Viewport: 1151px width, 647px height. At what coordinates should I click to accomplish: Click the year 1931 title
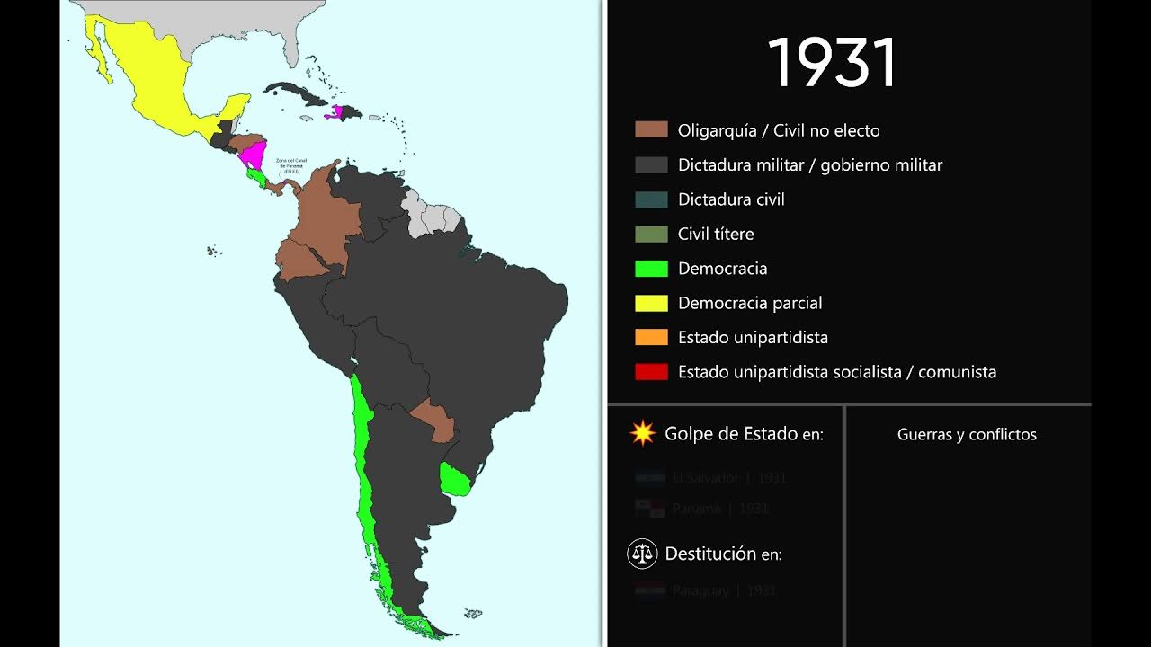point(833,63)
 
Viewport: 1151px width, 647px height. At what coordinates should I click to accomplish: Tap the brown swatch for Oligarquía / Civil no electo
point(651,130)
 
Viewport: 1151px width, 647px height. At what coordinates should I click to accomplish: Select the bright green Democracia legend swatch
point(651,269)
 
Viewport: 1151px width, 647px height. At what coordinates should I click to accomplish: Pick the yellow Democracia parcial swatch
point(651,303)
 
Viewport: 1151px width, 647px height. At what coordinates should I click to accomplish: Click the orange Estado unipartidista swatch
point(651,338)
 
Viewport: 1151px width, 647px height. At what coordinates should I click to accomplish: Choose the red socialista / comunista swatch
point(651,372)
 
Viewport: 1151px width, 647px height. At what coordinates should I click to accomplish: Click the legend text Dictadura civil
point(731,199)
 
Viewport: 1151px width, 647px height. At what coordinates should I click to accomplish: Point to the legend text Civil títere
point(716,234)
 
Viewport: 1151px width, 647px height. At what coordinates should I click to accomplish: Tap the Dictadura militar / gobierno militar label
point(809,165)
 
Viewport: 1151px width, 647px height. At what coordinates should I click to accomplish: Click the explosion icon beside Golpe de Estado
point(643,434)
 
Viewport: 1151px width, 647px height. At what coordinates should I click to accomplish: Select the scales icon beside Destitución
point(642,554)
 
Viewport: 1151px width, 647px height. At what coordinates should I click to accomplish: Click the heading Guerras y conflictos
point(967,435)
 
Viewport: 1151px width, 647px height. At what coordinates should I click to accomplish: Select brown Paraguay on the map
point(434,418)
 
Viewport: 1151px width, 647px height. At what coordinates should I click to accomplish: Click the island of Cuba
point(297,93)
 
